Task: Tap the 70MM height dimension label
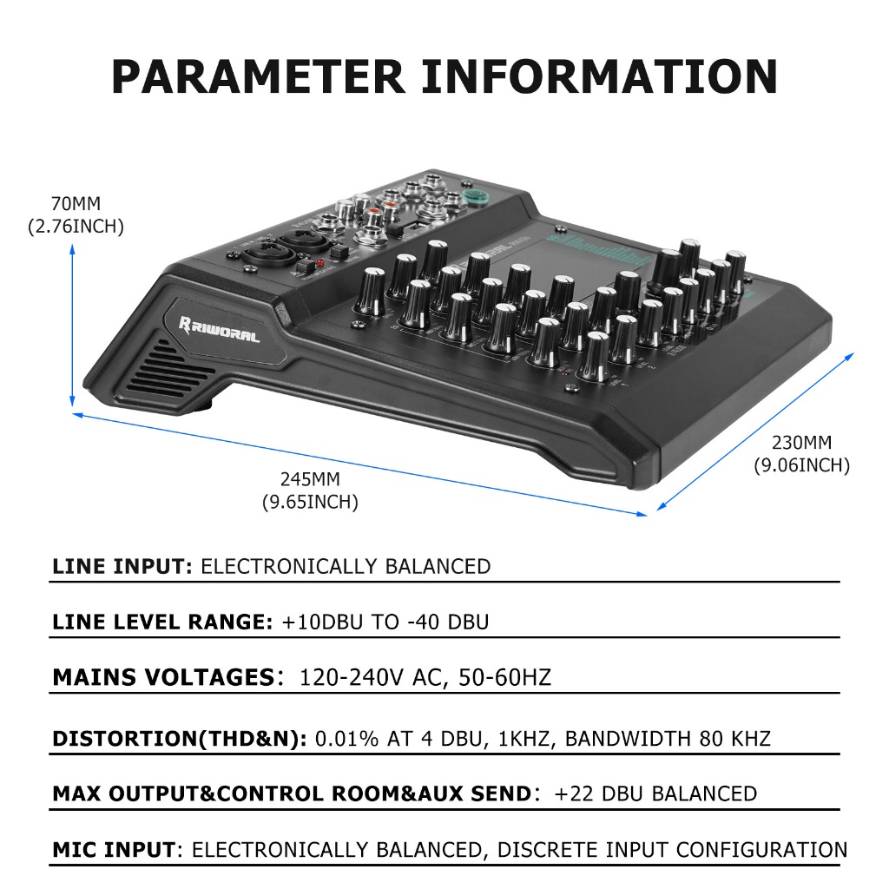tap(76, 205)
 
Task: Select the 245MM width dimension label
tap(310, 478)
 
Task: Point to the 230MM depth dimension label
tap(800, 443)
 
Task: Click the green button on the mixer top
tap(474, 195)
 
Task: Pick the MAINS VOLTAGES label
tap(163, 677)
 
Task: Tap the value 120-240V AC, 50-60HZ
tap(425, 677)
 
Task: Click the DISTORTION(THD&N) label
tap(179, 739)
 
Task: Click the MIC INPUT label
tap(114, 849)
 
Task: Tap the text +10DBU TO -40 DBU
tap(385, 622)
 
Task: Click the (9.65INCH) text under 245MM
tap(310, 502)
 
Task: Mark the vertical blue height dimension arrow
tap(72, 326)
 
